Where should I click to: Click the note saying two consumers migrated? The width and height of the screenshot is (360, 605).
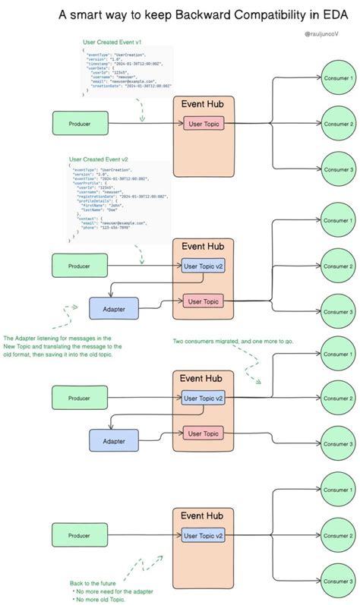234,341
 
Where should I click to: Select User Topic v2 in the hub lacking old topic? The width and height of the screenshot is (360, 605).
204,535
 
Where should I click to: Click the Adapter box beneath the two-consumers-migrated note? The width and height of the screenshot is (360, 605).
114,440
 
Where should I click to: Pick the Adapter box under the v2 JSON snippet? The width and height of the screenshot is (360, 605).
114,308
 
